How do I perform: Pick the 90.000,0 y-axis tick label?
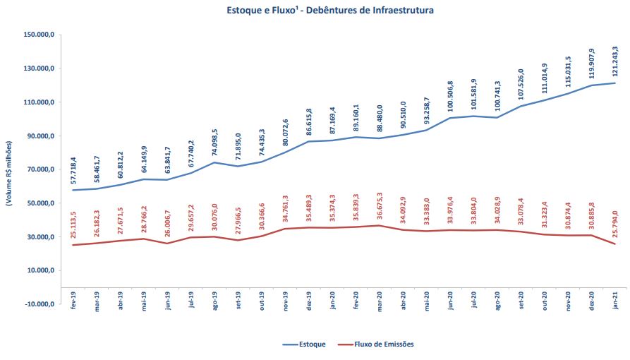click(41, 136)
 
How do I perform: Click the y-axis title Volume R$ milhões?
click(9, 169)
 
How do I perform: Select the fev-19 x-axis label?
click(73, 297)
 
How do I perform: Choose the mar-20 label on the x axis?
click(380, 297)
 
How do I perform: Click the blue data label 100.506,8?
click(450, 97)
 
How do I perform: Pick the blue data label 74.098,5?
click(214, 143)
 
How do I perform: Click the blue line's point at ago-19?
click(214, 162)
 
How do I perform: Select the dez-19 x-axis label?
click(309, 297)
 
